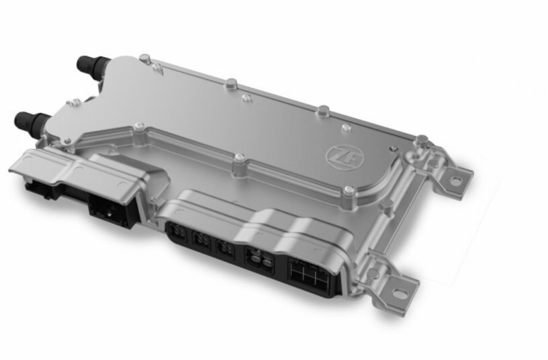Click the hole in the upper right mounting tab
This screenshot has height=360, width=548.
coord(456,180)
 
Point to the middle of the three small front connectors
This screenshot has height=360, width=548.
coord(201,240)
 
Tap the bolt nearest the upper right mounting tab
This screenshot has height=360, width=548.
coord(421,141)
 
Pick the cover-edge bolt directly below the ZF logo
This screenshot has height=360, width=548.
coord(348,192)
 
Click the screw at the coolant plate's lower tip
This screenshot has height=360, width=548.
coord(139,126)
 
